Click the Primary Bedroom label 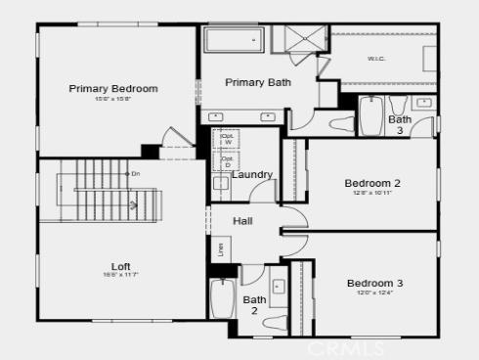point(112,89)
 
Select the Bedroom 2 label point(372,182)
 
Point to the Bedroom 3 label point(374,284)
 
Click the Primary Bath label point(257,82)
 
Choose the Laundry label point(251,175)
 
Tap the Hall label point(242,221)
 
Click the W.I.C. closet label point(376,58)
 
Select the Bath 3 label point(399,124)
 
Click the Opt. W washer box point(226,138)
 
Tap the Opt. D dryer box point(226,160)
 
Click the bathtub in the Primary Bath point(234,43)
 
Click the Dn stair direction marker point(133,173)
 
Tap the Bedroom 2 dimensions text point(372,193)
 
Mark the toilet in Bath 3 point(342,123)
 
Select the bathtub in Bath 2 point(221,296)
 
